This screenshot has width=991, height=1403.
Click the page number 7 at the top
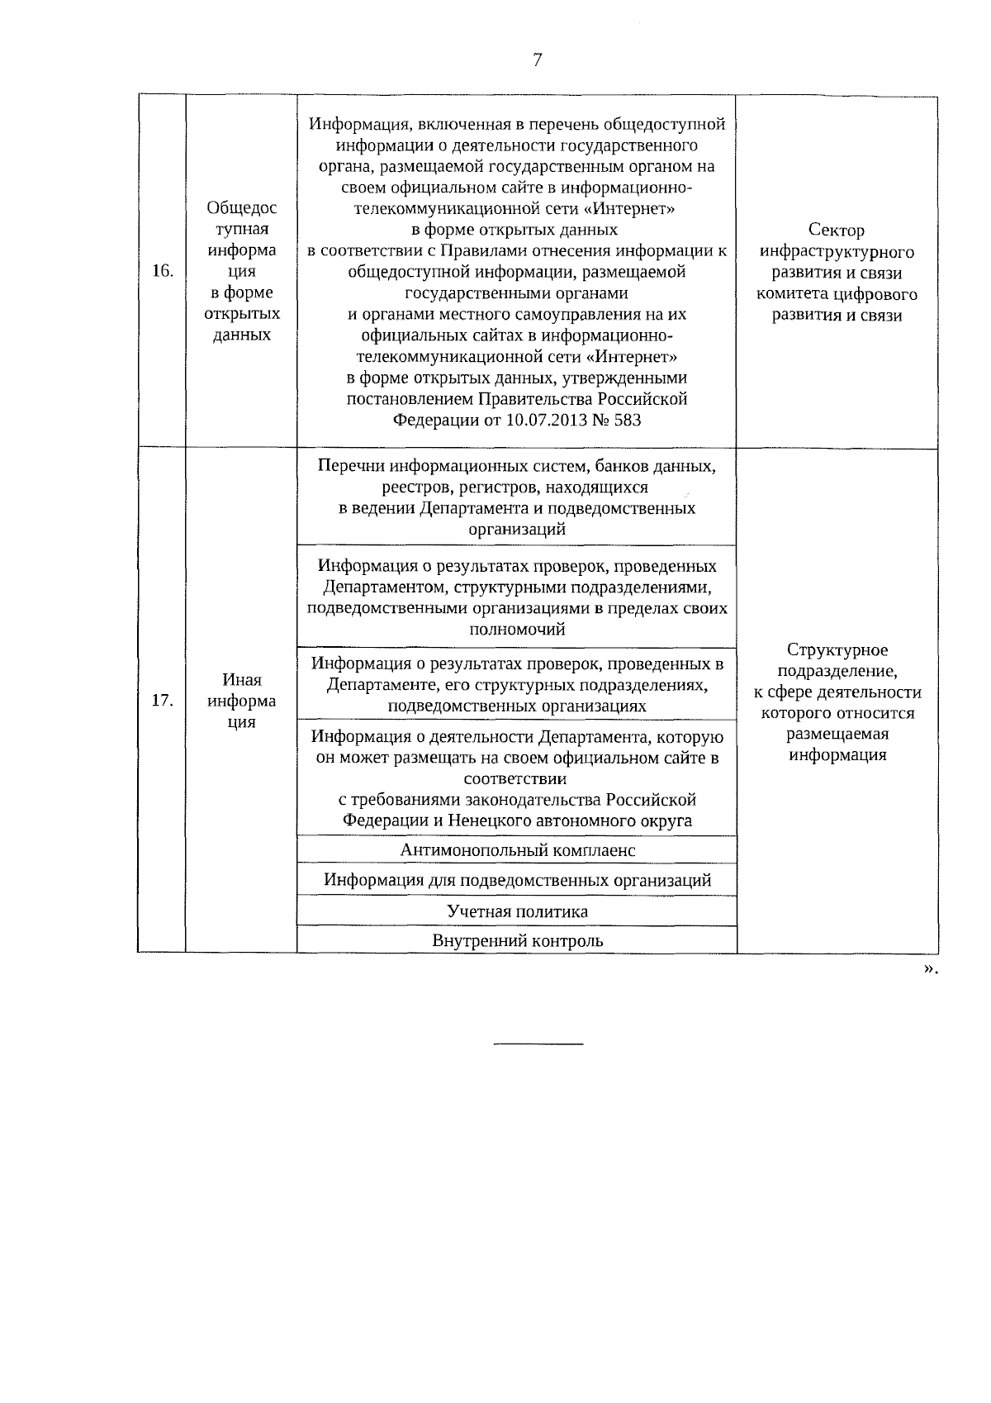tap(538, 59)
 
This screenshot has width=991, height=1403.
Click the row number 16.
tap(163, 271)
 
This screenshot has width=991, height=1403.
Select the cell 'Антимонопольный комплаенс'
tap(517, 850)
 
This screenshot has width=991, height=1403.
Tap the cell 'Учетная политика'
tap(517, 911)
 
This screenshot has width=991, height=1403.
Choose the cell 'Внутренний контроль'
tap(517, 940)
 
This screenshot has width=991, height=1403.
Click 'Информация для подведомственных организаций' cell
tap(517, 880)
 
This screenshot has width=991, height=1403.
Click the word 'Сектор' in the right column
tap(837, 231)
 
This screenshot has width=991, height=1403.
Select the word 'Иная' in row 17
tap(242, 680)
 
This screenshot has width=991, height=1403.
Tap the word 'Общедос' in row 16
tap(242, 208)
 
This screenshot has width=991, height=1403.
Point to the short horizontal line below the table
tap(538, 1044)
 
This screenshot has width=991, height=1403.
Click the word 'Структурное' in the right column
tap(837, 650)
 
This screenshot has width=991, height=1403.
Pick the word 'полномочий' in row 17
tap(517, 630)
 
